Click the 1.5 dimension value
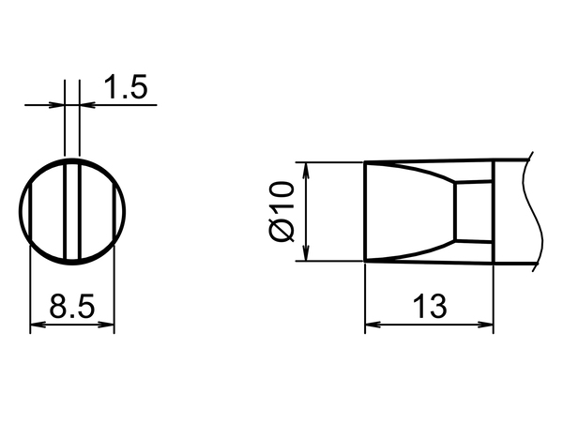click(x=126, y=87)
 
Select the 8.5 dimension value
click(x=72, y=306)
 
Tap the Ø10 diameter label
click(x=281, y=212)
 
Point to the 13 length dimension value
click(x=430, y=306)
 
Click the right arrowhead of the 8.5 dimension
click(x=106, y=325)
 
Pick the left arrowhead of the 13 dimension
click(x=373, y=325)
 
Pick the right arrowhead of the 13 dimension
click(x=485, y=325)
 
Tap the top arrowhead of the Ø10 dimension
click(x=306, y=171)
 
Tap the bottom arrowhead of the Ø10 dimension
click(x=306, y=253)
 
